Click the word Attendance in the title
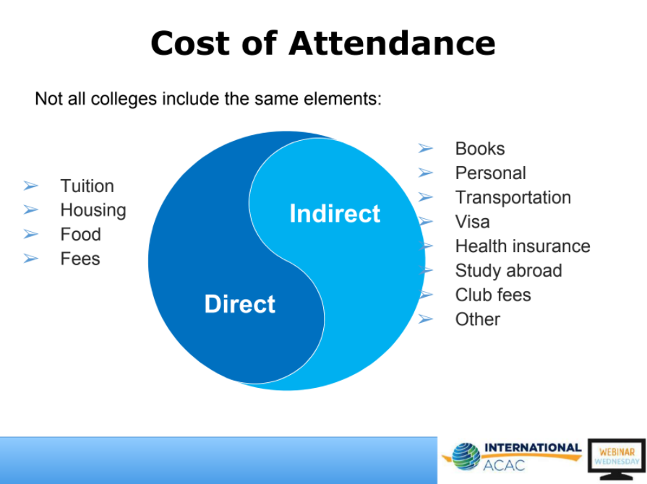[x=392, y=43]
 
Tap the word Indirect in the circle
[x=335, y=214]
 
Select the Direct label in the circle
[x=240, y=304]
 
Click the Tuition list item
[x=87, y=186]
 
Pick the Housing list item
[x=93, y=211]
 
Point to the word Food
[x=80, y=234]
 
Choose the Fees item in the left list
[x=80, y=259]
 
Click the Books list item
[x=480, y=149]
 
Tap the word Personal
[x=491, y=173]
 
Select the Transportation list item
[x=513, y=197]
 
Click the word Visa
[x=473, y=222]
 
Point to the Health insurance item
[x=523, y=246]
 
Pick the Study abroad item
[x=509, y=270]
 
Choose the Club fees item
[x=493, y=295]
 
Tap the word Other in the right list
[x=478, y=319]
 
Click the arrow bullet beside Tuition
[x=31, y=186]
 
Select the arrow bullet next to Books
[x=426, y=148]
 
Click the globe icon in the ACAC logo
[x=466, y=457]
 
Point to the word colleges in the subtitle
[x=124, y=100]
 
